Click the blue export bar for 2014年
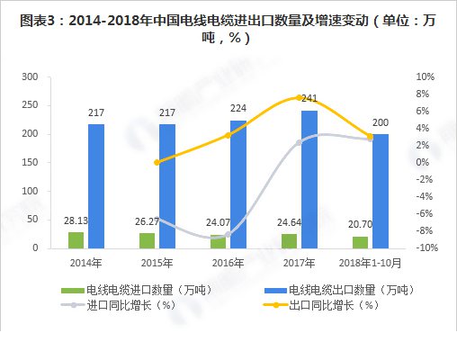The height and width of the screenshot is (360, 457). click(x=96, y=185)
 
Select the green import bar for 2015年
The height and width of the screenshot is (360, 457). click(x=146, y=240)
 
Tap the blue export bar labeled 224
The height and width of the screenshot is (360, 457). click(x=238, y=184)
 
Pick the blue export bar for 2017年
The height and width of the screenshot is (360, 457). click(x=309, y=179)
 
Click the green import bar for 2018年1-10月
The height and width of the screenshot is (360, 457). click(x=360, y=242)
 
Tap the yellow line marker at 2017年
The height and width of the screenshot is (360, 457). click(x=299, y=97)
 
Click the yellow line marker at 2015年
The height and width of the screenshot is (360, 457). click(x=157, y=162)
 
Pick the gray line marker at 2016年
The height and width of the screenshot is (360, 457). click(x=228, y=235)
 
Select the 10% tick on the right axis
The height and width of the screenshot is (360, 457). click(x=426, y=77)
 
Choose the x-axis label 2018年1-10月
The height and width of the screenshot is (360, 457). click(x=370, y=261)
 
